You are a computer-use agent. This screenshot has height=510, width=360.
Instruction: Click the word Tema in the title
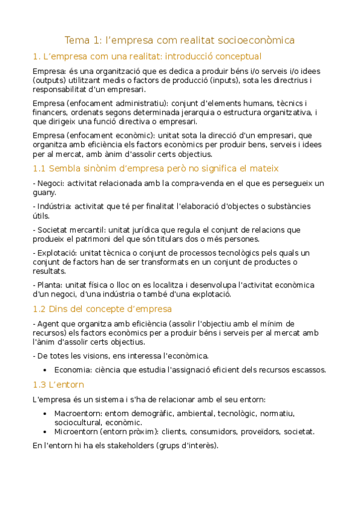pyautogui.click(x=76, y=40)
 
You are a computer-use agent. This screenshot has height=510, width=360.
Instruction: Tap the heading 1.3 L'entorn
pyautogui.click(x=58, y=384)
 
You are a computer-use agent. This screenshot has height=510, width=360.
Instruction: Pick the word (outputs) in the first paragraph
pyautogui.click(x=50, y=80)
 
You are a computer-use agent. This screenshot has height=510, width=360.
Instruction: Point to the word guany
pyautogui.click(x=44, y=192)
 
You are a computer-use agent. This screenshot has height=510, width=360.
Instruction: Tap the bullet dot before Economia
pyautogui.click(x=46, y=370)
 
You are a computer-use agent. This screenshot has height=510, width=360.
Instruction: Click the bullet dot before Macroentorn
pyautogui.click(x=46, y=414)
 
